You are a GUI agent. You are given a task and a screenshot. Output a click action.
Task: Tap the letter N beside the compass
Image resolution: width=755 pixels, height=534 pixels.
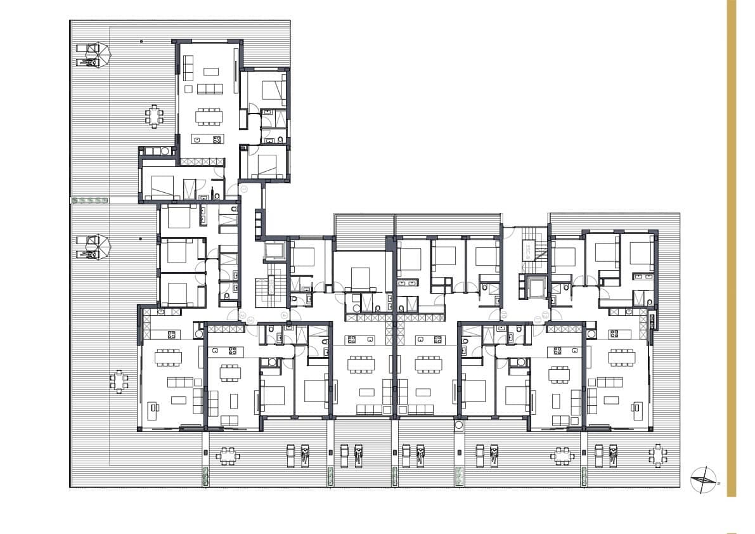click(719, 483)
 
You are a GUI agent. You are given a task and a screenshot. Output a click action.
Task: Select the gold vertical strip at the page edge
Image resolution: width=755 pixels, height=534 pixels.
click(731, 247)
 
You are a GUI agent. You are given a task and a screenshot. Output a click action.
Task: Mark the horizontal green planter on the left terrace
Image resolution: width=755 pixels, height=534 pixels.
click(91, 200)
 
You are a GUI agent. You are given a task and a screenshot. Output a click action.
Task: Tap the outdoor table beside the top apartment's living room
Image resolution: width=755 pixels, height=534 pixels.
click(154, 116)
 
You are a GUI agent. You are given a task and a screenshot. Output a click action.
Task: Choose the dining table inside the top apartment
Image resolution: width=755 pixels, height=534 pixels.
click(208, 116)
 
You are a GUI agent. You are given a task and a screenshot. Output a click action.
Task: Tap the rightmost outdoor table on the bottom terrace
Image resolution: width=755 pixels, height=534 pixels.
click(658, 455)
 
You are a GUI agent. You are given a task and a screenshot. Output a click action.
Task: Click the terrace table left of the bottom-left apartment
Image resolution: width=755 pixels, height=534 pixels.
click(119, 381)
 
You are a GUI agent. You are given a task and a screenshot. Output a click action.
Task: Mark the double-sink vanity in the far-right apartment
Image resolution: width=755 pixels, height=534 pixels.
click(642, 277)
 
